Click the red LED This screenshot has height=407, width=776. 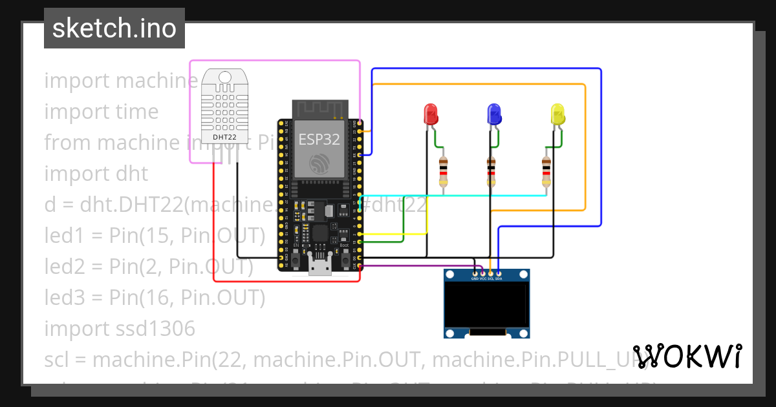[431, 114]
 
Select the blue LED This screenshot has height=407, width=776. [494, 114]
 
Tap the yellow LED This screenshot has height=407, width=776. [557, 114]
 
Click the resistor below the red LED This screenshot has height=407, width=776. [443, 171]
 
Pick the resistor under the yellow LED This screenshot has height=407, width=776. [546, 171]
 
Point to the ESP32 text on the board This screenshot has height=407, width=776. [319, 140]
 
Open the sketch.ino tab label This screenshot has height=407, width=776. [114, 28]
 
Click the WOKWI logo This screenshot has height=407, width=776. [687, 356]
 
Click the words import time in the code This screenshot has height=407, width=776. [101, 112]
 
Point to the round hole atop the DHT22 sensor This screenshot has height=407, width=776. [224, 77]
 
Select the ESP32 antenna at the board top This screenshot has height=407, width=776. [321, 109]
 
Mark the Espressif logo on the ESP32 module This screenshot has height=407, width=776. [319, 163]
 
